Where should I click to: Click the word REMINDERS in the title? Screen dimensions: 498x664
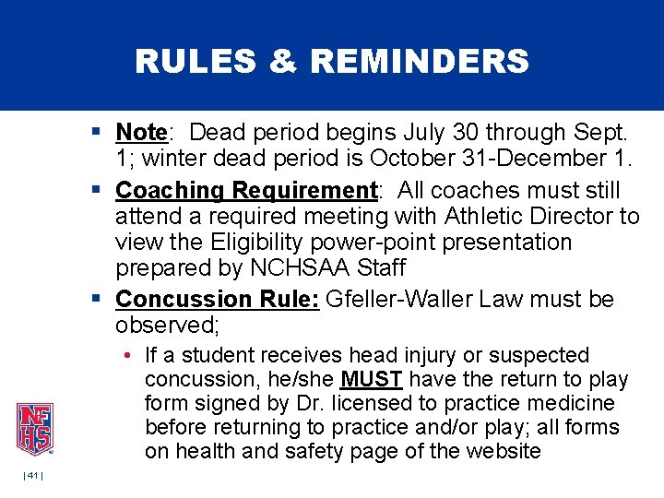pyautogui.click(x=420, y=62)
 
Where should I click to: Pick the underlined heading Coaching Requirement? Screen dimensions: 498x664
pyautogui.click(x=246, y=191)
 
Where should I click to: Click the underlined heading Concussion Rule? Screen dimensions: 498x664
pyautogui.click(x=218, y=301)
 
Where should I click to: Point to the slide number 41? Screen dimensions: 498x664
pyautogui.click(x=34, y=475)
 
